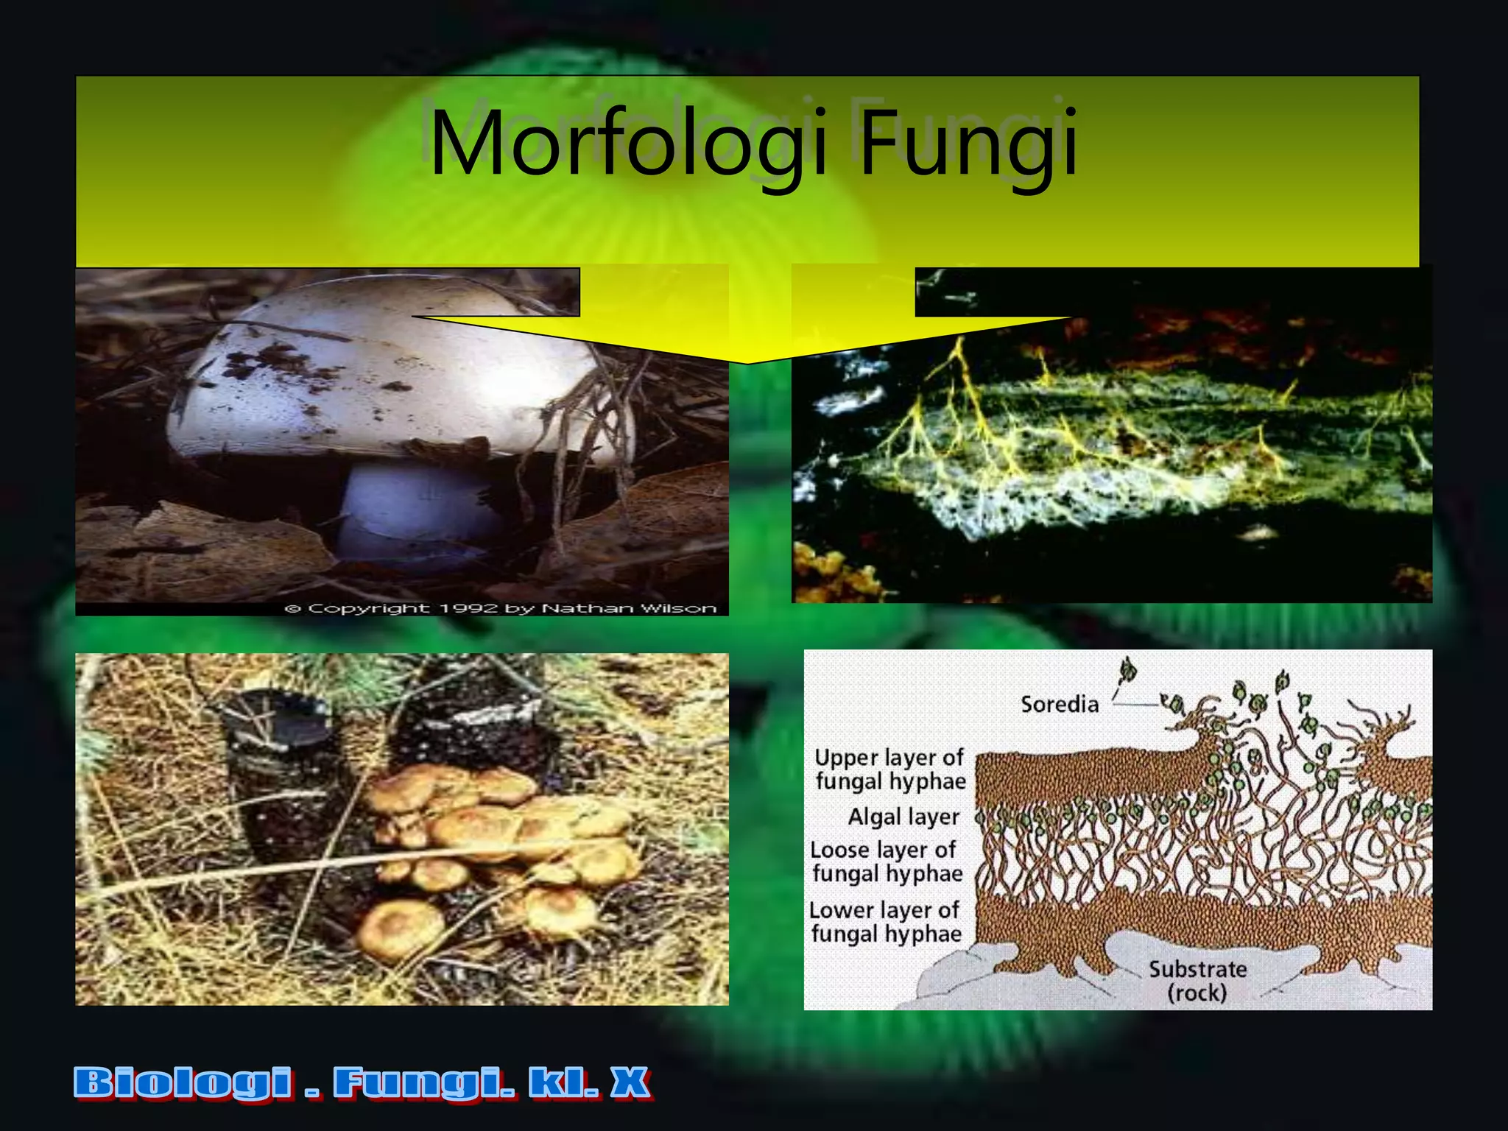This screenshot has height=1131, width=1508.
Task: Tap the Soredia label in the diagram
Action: tap(1059, 705)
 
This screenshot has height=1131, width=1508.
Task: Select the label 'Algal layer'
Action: tap(903, 817)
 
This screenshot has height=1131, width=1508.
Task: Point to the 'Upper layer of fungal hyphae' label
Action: tap(890, 769)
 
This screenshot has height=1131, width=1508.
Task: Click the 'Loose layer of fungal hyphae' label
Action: tap(887, 862)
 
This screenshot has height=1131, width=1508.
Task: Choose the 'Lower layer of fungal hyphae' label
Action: tap(886, 922)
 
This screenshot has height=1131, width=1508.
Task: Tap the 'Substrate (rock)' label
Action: tap(1197, 981)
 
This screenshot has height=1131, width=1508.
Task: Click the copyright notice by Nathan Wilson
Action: tap(501, 609)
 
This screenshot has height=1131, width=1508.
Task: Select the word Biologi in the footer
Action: tap(183, 1083)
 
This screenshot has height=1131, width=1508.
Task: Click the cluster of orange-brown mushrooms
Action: tap(501, 847)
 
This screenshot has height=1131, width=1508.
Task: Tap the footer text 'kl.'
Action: tap(563, 1083)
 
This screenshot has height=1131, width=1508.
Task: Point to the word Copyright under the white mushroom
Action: tap(368, 609)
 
